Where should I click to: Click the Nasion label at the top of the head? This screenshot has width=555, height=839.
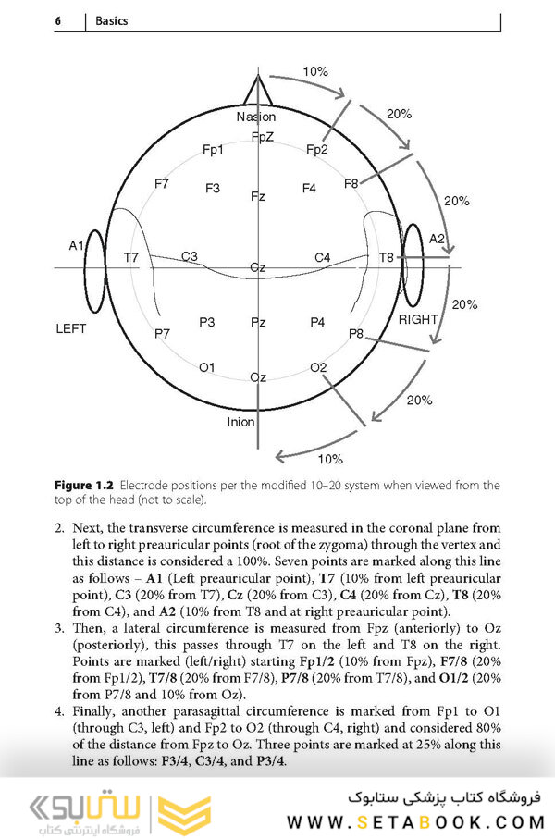(x=256, y=117)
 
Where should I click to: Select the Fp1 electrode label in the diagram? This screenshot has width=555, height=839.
(x=213, y=149)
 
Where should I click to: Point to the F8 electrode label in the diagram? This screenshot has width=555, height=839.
(x=351, y=184)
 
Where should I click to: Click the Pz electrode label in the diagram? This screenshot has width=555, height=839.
(x=258, y=323)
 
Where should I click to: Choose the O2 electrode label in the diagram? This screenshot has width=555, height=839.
(x=319, y=367)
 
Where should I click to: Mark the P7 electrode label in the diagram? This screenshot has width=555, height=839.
(x=163, y=333)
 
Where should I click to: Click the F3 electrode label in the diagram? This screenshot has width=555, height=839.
(x=213, y=189)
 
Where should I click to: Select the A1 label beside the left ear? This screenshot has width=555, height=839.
(x=77, y=245)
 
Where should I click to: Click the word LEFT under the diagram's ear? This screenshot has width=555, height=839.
(x=71, y=328)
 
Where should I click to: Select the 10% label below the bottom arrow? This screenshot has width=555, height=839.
(x=330, y=459)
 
